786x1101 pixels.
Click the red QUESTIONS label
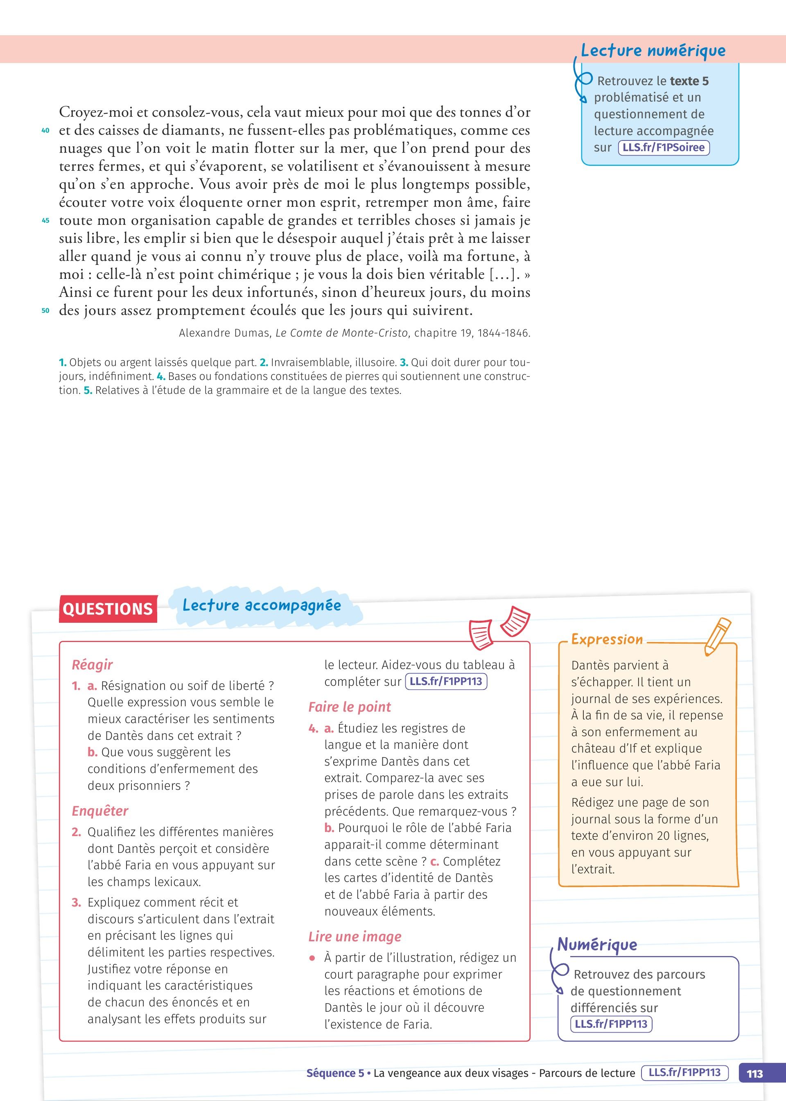click(107, 609)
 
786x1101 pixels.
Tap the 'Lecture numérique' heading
click(653, 51)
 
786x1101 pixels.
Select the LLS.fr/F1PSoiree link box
click(663, 148)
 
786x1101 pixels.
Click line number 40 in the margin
click(45, 130)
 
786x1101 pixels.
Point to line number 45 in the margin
click(45, 221)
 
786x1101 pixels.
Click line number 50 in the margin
click(45, 311)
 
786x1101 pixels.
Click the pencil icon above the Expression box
click(717, 636)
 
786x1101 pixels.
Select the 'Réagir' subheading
click(92, 665)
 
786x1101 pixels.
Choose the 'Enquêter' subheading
click(100, 811)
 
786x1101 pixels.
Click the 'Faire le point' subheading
click(350, 707)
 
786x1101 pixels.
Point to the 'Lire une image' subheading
click(355, 936)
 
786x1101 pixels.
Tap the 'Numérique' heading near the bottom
click(597, 944)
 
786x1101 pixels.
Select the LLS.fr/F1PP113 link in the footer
click(684, 1072)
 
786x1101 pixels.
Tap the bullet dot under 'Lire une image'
click(313, 958)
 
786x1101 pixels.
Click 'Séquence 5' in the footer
click(335, 1073)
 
